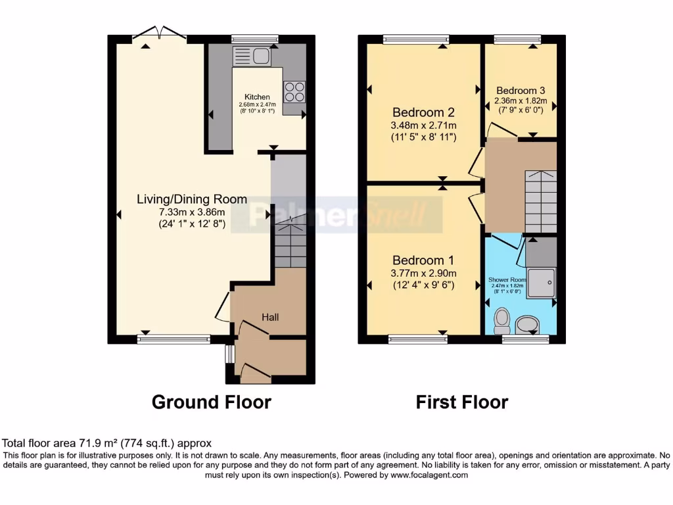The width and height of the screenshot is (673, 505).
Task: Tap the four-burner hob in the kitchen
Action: point(294,91)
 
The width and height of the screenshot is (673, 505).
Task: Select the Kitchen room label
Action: point(257,97)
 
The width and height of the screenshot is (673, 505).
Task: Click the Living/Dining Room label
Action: point(192,199)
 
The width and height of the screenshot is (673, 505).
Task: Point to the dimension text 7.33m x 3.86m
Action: point(192,212)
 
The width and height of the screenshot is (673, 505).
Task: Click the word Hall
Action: point(270,318)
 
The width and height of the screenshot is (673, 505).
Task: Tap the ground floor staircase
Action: point(289,245)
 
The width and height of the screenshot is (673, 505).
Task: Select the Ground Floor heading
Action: point(211,402)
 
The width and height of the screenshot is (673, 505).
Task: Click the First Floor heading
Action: point(462,402)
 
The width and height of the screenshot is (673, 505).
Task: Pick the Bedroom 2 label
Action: point(424,112)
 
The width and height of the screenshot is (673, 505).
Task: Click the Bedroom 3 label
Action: point(521,90)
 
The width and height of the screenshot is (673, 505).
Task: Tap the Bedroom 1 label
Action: point(424,260)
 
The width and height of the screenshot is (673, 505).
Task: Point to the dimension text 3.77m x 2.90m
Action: point(424,273)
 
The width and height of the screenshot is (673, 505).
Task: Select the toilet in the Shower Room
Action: point(502,320)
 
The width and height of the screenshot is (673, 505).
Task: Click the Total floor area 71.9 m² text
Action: point(107,444)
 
